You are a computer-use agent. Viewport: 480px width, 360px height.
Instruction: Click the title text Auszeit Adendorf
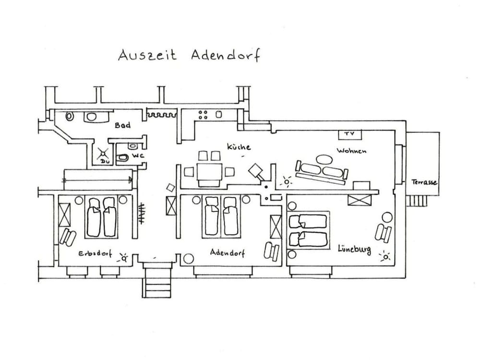coord(189,55)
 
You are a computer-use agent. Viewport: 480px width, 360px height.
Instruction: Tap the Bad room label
coord(122,126)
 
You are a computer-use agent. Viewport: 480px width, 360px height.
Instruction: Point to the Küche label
coord(239,147)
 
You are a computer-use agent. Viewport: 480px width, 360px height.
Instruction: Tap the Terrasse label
coord(424,182)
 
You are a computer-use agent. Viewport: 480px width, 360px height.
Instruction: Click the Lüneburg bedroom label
coord(354,249)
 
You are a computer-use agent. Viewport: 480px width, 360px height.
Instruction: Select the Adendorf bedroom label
coord(227,252)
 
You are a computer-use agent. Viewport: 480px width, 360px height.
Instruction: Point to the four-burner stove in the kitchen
coord(203,115)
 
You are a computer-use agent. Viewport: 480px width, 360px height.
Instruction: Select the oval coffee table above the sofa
coord(324,158)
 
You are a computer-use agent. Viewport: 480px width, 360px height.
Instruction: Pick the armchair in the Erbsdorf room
coord(68,238)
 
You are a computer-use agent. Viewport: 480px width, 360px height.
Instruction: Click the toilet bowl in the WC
coord(123,157)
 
